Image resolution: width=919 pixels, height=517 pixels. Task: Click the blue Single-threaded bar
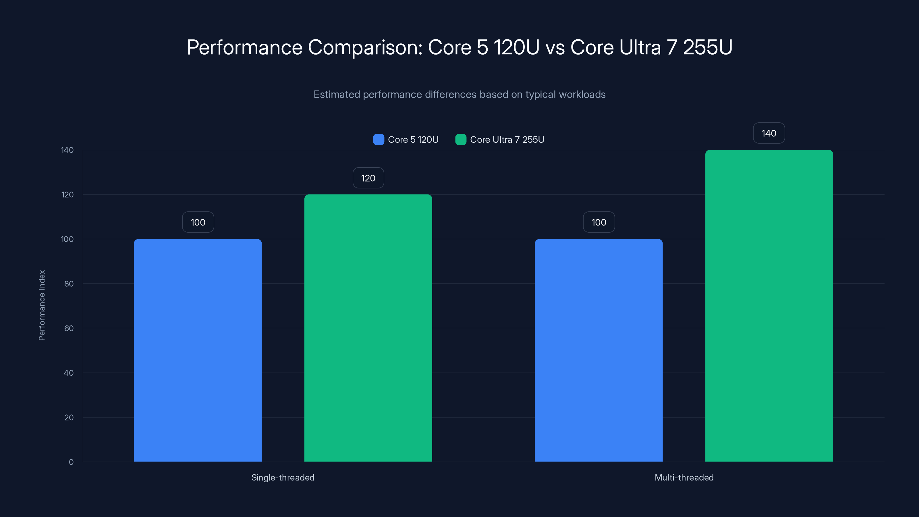point(198,350)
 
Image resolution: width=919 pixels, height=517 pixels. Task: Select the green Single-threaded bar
point(368,328)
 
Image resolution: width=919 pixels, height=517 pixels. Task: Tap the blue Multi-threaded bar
point(598,350)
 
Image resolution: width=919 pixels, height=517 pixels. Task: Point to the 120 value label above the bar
point(368,178)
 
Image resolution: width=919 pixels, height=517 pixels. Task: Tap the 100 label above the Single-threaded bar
point(198,222)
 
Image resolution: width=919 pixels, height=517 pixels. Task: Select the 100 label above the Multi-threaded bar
point(598,222)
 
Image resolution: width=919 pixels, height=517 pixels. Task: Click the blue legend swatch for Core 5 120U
point(379,140)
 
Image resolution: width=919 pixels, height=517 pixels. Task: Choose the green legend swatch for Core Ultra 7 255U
point(461,140)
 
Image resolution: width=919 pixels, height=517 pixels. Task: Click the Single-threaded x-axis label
point(283,477)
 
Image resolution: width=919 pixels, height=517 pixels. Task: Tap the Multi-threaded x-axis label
point(684,477)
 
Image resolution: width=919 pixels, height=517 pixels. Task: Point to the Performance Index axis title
point(42,305)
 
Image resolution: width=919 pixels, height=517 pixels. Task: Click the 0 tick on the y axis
point(71,462)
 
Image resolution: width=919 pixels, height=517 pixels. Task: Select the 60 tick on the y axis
point(69,328)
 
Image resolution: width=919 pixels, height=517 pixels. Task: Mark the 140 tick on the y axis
point(67,150)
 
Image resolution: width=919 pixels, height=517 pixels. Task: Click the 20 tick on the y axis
point(69,417)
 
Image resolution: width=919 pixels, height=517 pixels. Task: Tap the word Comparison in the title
point(365,47)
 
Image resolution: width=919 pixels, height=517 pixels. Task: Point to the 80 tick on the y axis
point(69,284)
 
